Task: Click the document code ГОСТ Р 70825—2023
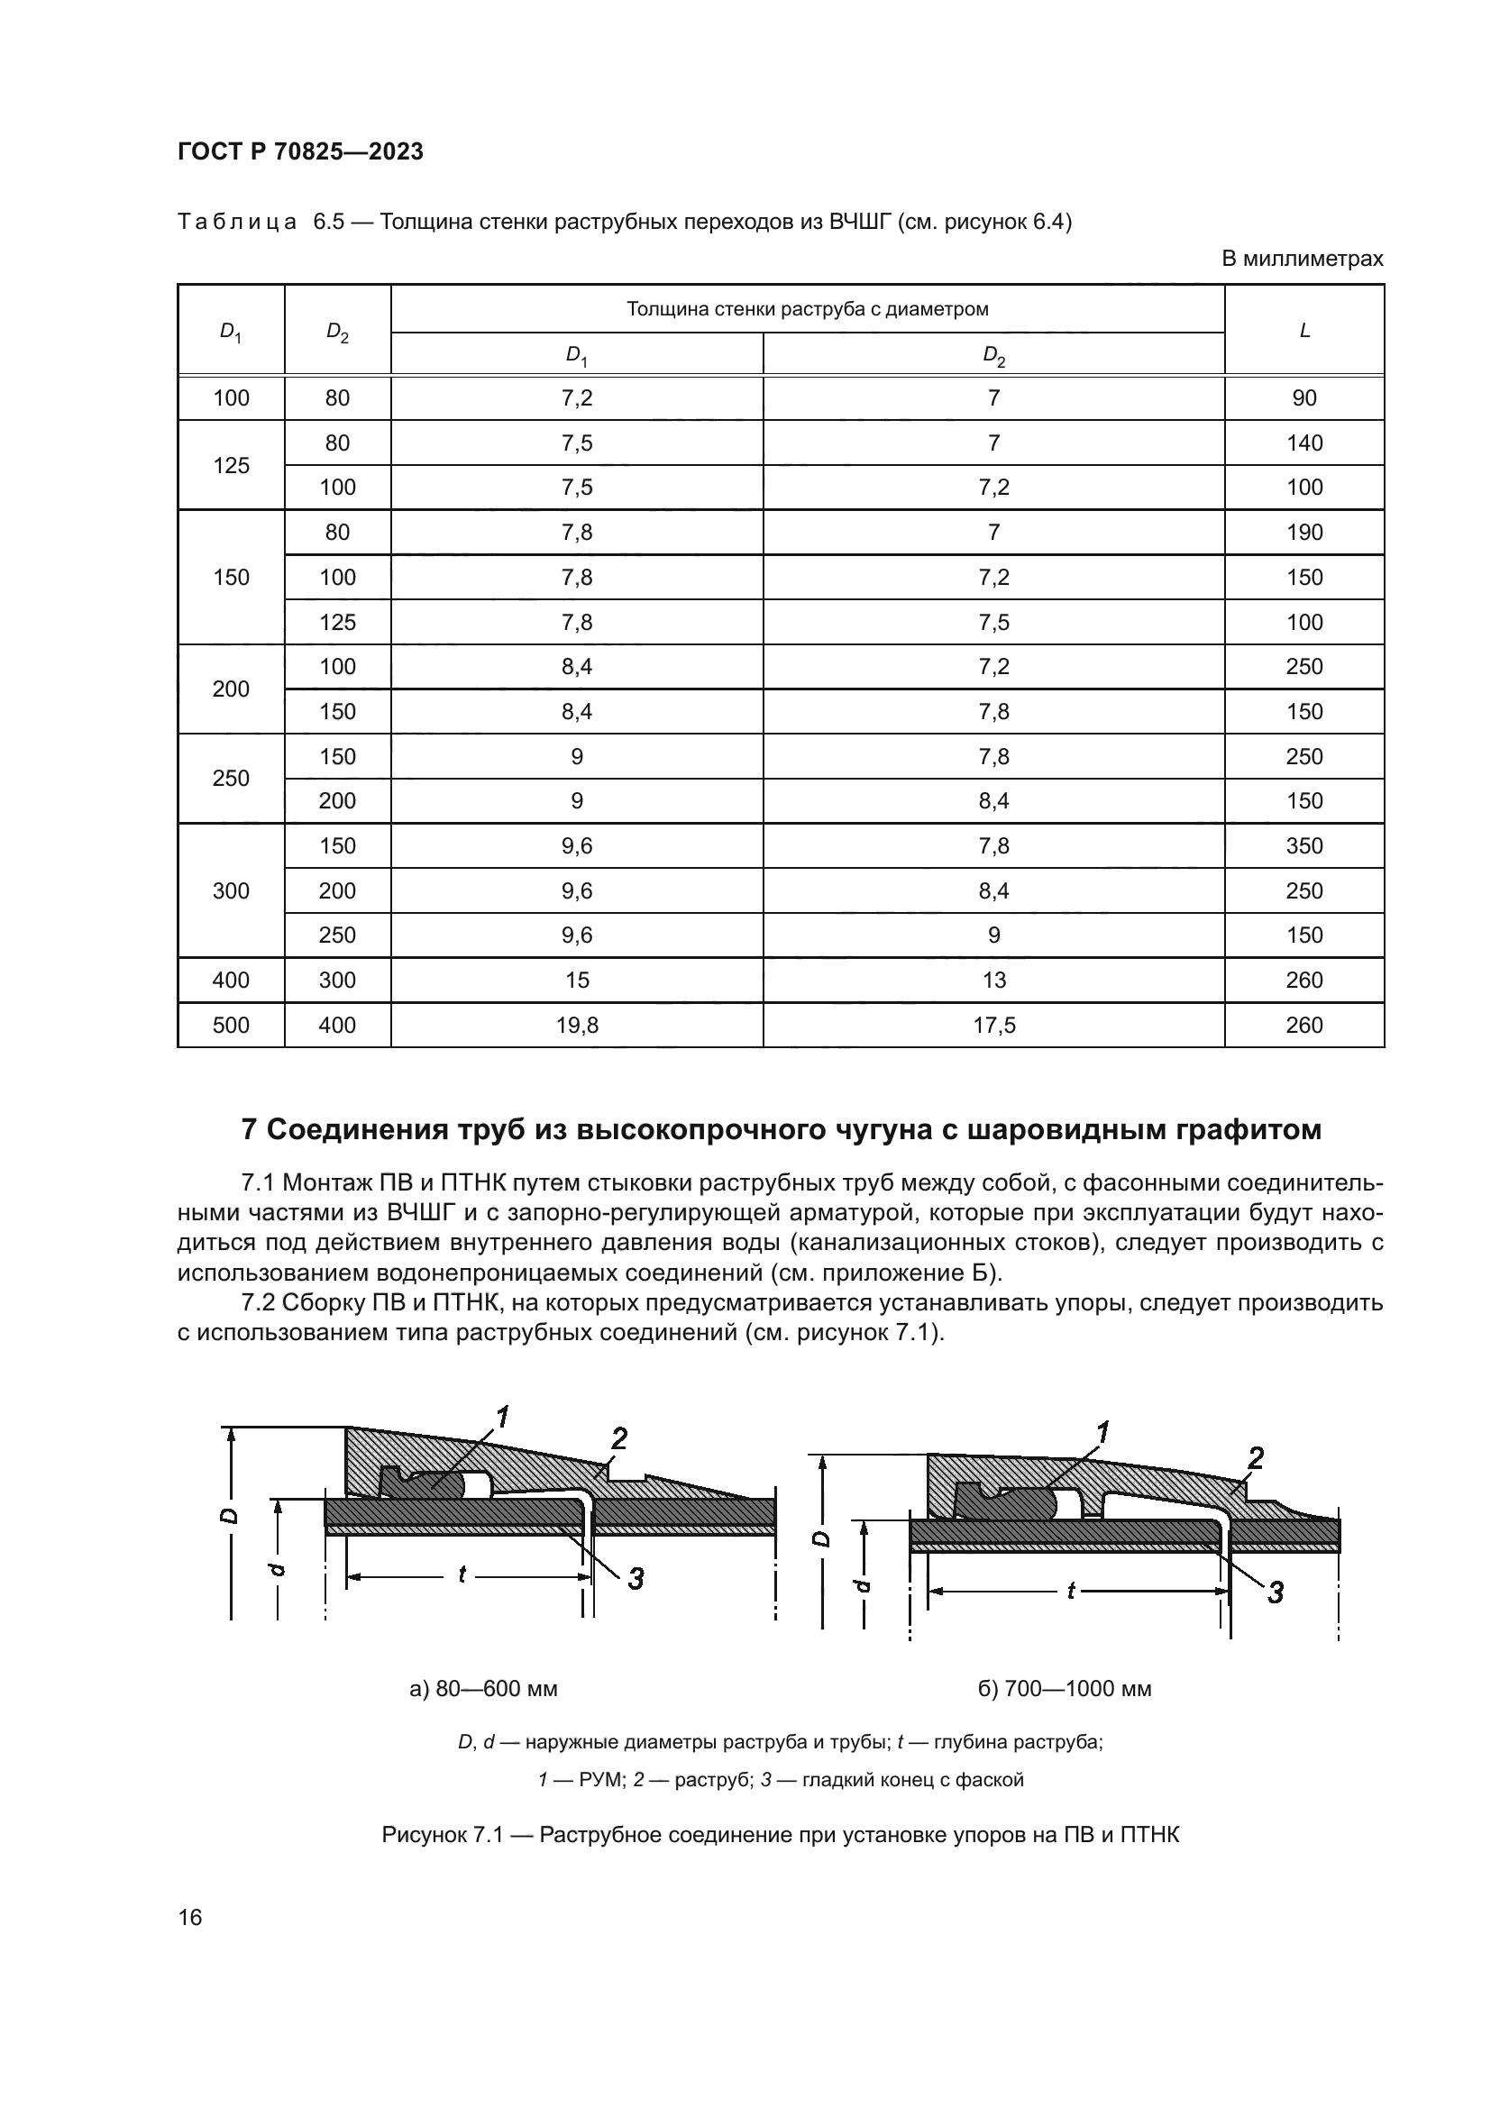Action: [300, 151]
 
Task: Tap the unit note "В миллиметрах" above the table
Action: [1301, 259]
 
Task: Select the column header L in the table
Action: [1303, 331]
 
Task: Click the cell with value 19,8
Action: [577, 1026]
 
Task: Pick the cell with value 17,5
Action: [993, 1026]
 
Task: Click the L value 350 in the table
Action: [1303, 845]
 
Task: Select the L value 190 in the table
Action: [1303, 533]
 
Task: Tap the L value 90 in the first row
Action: [1303, 398]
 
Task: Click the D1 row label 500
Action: [231, 1026]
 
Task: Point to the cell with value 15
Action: [577, 981]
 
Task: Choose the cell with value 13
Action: [993, 981]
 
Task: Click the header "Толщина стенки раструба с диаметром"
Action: [807, 309]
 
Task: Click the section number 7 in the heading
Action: [248, 1130]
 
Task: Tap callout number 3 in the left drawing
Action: [636, 1579]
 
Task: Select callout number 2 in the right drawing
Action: [1255, 1458]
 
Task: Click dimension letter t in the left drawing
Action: [462, 1575]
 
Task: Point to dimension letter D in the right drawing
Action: [824, 1538]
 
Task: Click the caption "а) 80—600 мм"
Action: [483, 1688]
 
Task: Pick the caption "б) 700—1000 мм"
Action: [1064, 1688]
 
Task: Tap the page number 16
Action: [190, 1917]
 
